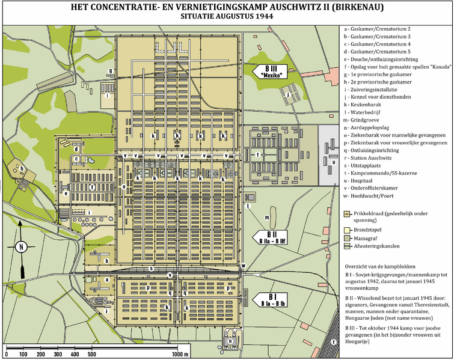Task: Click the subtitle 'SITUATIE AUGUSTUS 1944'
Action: (x=227, y=17)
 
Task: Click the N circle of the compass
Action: (x=20, y=246)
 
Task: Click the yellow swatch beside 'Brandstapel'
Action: (x=348, y=229)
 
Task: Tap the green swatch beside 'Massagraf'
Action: (x=348, y=237)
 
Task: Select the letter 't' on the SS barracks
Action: (x=258, y=154)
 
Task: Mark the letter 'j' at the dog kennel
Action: (x=288, y=94)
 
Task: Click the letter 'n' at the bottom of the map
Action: (x=230, y=340)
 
